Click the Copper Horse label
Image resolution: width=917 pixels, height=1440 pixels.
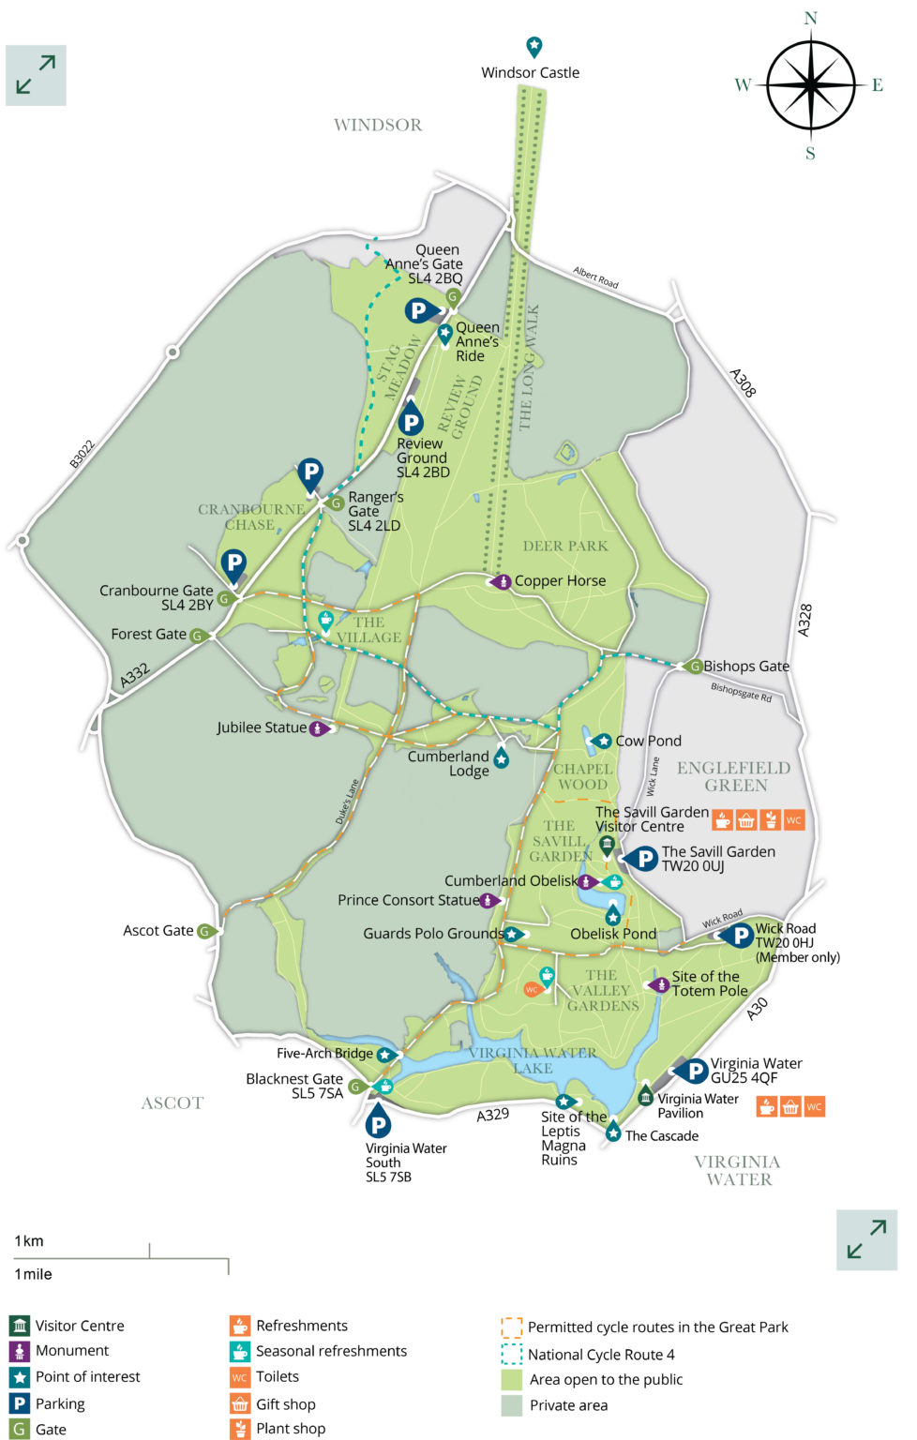[560, 581]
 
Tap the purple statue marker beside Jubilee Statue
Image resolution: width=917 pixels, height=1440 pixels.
[318, 728]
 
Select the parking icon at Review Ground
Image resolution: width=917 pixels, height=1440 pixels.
[411, 422]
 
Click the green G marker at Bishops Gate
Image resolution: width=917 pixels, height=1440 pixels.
[695, 667]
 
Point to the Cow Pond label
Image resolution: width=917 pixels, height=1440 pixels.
[648, 741]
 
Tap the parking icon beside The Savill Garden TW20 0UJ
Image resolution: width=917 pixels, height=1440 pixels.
[644, 858]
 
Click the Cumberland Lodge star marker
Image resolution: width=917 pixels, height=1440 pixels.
[502, 757]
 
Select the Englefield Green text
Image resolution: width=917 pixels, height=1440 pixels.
[734, 776]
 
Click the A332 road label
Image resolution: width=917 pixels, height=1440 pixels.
[135, 675]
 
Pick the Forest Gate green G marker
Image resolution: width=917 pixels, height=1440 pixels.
[198, 636]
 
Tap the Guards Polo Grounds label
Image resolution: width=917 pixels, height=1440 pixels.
[432, 934]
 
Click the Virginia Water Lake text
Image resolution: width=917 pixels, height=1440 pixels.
[533, 1060]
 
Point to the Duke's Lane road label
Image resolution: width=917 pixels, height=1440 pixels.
[348, 802]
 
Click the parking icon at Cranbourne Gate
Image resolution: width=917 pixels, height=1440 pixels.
[233, 563]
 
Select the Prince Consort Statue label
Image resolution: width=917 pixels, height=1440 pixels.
[408, 900]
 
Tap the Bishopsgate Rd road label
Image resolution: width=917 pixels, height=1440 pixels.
[741, 693]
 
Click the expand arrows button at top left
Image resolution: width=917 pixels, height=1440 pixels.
[36, 87]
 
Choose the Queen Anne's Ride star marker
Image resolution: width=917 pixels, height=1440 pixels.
[445, 332]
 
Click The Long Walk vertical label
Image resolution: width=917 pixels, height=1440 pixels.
[529, 367]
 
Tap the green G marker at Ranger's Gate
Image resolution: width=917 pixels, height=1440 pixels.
[337, 503]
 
